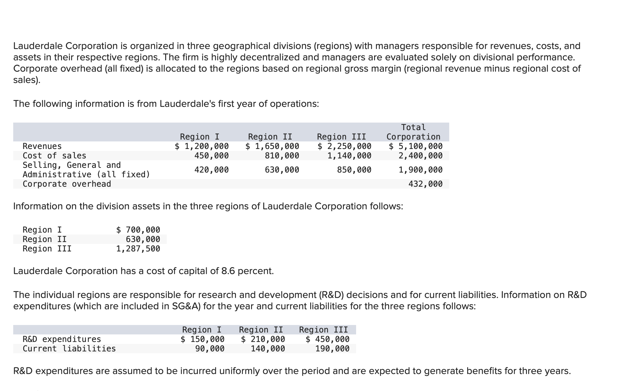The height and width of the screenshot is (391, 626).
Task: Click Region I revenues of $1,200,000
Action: pyautogui.click(x=202, y=146)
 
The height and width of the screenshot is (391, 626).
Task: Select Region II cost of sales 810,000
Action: pyautogui.click(x=282, y=156)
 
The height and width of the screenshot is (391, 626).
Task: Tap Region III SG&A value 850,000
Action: pyautogui.click(x=354, y=170)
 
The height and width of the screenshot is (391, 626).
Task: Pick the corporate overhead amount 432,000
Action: pyautogui.click(x=425, y=184)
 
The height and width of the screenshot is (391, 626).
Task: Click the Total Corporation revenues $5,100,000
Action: pyautogui.click(x=416, y=146)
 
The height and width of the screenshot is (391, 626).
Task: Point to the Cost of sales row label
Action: pyautogui.click(x=54, y=156)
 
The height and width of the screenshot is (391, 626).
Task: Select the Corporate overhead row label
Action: pyautogui.click(x=67, y=184)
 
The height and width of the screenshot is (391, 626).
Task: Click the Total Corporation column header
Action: pyautogui.click(x=413, y=132)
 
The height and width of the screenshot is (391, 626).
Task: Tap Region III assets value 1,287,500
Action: pyautogui.click(x=138, y=249)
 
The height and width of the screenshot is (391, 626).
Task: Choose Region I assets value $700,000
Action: pyautogui.click(x=138, y=230)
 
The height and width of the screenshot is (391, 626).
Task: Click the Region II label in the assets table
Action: pyautogui.click(x=45, y=239)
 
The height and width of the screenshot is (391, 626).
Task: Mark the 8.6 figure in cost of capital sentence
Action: pyautogui.click(x=228, y=271)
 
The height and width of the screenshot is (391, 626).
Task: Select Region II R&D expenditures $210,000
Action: pyautogui.click(x=263, y=339)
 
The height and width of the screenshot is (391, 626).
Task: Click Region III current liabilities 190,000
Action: pyautogui.click(x=332, y=349)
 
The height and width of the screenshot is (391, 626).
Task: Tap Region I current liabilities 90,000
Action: pyautogui.click(x=210, y=349)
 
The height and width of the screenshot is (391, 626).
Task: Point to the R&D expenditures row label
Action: pyautogui.click(x=62, y=339)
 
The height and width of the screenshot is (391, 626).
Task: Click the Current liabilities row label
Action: pyautogui.click(x=69, y=349)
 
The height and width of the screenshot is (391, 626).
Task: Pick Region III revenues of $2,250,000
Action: pyautogui.click(x=344, y=146)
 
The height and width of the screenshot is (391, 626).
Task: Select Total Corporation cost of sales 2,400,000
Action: pyautogui.click(x=420, y=156)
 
